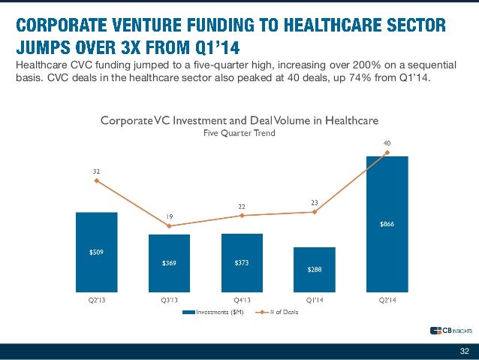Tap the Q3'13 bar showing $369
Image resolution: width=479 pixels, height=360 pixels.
[x=169, y=263]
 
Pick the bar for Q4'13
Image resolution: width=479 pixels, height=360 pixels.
[x=242, y=263]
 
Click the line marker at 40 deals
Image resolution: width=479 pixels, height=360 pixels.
[x=387, y=153]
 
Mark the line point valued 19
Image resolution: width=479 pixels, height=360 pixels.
[x=169, y=225]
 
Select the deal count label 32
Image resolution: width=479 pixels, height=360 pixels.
[x=96, y=171]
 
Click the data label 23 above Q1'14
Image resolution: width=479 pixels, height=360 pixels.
[x=315, y=201]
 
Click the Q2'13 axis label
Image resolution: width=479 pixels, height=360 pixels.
[x=96, y=300]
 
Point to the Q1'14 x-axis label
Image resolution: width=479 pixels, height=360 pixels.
[x=314, y=300]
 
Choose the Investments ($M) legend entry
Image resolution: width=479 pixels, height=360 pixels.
[x=213, y=312]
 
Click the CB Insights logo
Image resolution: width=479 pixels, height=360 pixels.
[x=451, y=331]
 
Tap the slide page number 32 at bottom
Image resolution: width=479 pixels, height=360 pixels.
[x=463, y=351]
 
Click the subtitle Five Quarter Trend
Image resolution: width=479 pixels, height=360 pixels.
[x=239, y=132]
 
